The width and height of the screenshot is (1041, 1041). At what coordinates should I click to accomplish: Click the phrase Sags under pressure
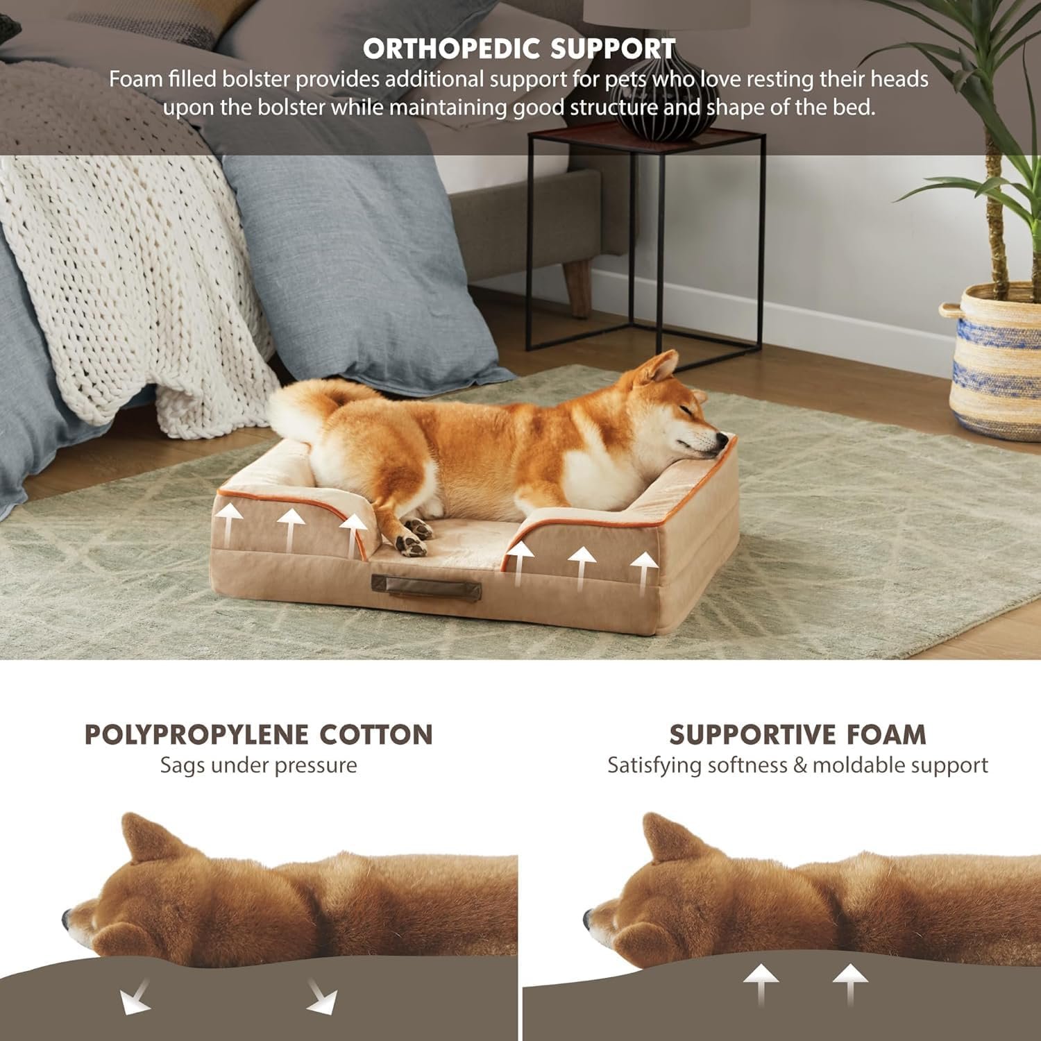click(x=258, y=765)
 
